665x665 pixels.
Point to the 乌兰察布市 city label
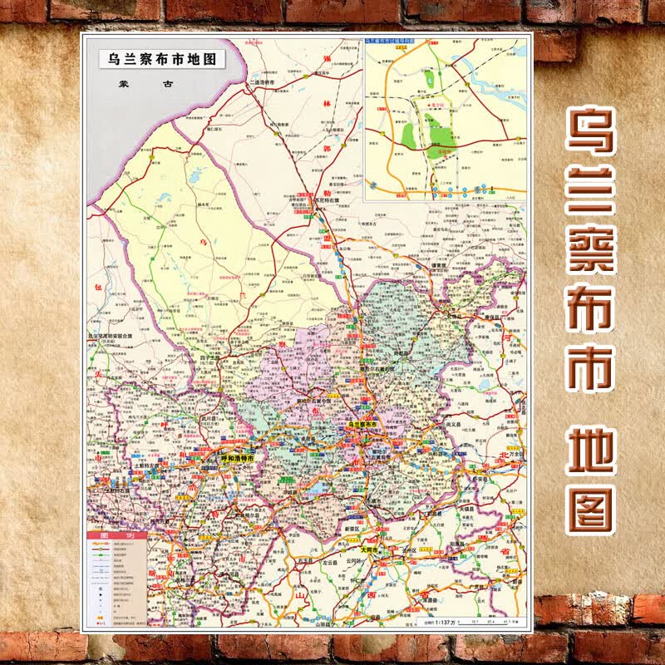[366, 425]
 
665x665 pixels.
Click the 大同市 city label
[369, 550]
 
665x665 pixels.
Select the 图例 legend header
[116, 537]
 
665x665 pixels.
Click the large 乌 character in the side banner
[591, 131]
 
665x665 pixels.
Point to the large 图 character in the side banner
[591, 510]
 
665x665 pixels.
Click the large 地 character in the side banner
[591, 450]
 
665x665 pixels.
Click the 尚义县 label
[454, 423]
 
